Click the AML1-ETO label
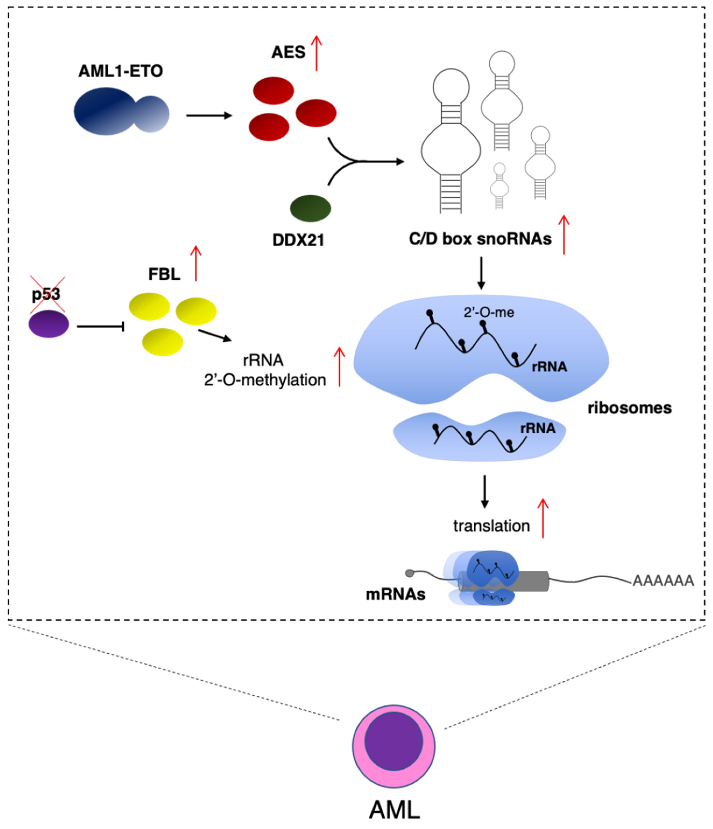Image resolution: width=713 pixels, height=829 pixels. coord(121,71)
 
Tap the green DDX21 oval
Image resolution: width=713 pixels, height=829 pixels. coord(310,208)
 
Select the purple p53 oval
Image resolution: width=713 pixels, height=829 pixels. coord(49,324)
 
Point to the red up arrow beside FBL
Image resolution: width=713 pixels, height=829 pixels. coord(196,263)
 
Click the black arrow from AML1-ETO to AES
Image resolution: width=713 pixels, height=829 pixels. coord(209,116)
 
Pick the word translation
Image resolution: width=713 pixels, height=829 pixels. coord(492,526)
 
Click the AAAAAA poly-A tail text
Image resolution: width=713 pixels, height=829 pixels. coord(663,580)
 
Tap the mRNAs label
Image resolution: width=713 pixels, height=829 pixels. coord(395,594)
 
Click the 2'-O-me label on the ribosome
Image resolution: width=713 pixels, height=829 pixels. coord(489,313)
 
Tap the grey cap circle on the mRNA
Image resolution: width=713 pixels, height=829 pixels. coord(410,573)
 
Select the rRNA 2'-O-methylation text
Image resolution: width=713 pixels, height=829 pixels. coord(265,370)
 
